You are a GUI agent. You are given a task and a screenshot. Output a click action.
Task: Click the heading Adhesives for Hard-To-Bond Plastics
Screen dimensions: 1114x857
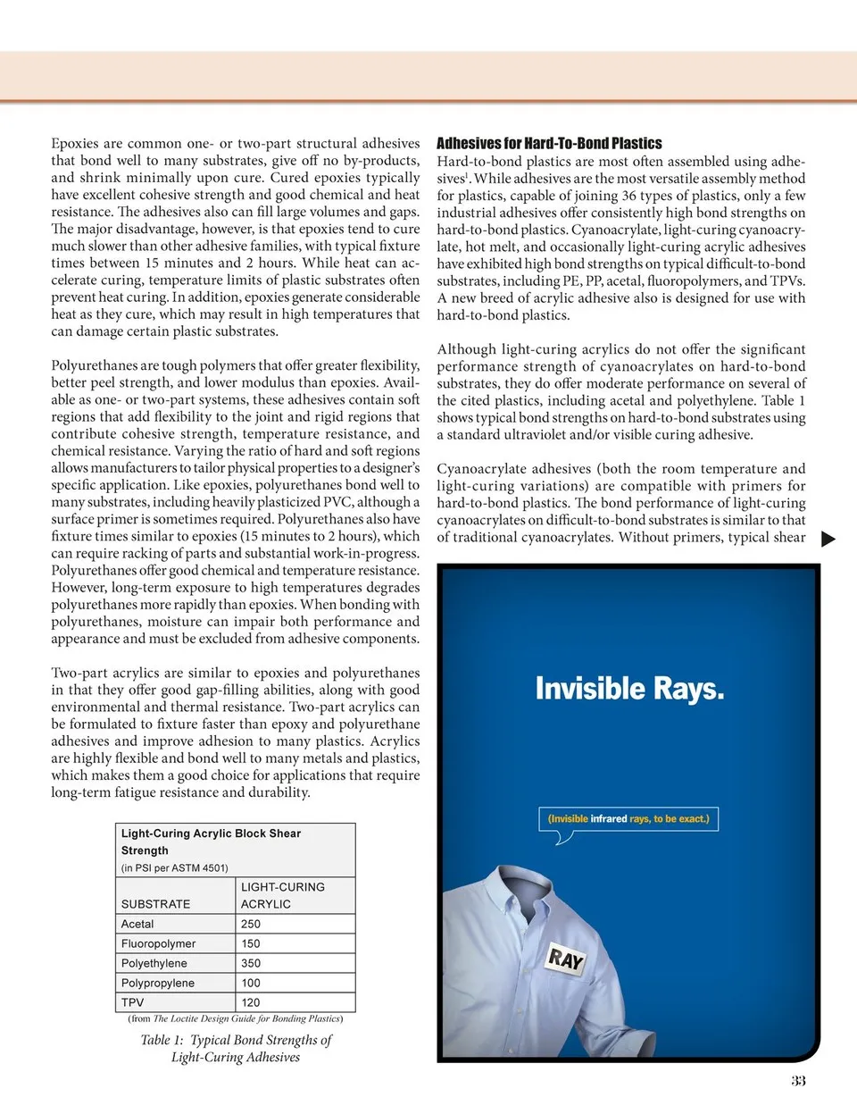point(549,143)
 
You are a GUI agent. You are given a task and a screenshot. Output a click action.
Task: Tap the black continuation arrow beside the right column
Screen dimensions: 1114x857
point(828,539)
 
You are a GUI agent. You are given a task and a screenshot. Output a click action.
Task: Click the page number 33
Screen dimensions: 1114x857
point(798,1081)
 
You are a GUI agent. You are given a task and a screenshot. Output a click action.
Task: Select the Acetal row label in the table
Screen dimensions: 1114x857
point(137,924)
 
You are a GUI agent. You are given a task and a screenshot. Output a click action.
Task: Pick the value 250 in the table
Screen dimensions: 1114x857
point(251,924)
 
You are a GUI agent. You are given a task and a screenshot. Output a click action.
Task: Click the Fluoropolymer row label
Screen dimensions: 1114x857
point(158,943)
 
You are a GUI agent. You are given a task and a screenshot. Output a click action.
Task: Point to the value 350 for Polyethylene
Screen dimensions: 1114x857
point(251,963)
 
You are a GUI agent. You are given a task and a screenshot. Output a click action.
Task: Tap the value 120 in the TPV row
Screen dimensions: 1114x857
point(251,1002)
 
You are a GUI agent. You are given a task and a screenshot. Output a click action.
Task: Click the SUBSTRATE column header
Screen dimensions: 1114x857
point(155,904)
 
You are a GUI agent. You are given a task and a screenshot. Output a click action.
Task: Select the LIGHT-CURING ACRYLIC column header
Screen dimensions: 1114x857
point(282,895)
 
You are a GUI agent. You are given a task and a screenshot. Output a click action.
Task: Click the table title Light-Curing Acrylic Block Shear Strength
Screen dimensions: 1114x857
point(211,842)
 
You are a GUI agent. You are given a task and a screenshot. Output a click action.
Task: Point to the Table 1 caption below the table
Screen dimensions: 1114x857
point(236,1048)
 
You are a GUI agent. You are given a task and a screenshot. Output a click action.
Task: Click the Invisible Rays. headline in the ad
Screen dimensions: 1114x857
point(629,689)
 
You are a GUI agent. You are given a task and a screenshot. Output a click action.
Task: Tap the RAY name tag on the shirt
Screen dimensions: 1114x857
point(566,959)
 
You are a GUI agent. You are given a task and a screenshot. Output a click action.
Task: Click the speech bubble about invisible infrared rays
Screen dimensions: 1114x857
point(628,819)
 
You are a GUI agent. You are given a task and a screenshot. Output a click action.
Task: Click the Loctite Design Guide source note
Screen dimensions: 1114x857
point(235,1018)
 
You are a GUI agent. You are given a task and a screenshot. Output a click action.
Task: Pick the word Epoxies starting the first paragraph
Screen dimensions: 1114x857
point(75,143)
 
